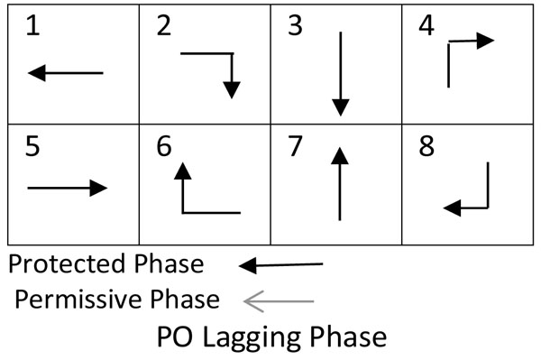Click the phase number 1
pyautogui.click(x=32, y=28)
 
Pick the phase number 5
pyautogui.click(x=32, y=147)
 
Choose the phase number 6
pyautogui.click(x=163, y=147)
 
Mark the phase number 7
pyautogui.click(x=294, y=147)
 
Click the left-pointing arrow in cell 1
pyautogui.click(x=66, y=73)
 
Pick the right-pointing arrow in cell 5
pyautogui.click(x=68, y=188)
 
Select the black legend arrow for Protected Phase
pyautogui.click(x=281, y=265)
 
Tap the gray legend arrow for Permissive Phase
pyautogui.click(x=279, y=300)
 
